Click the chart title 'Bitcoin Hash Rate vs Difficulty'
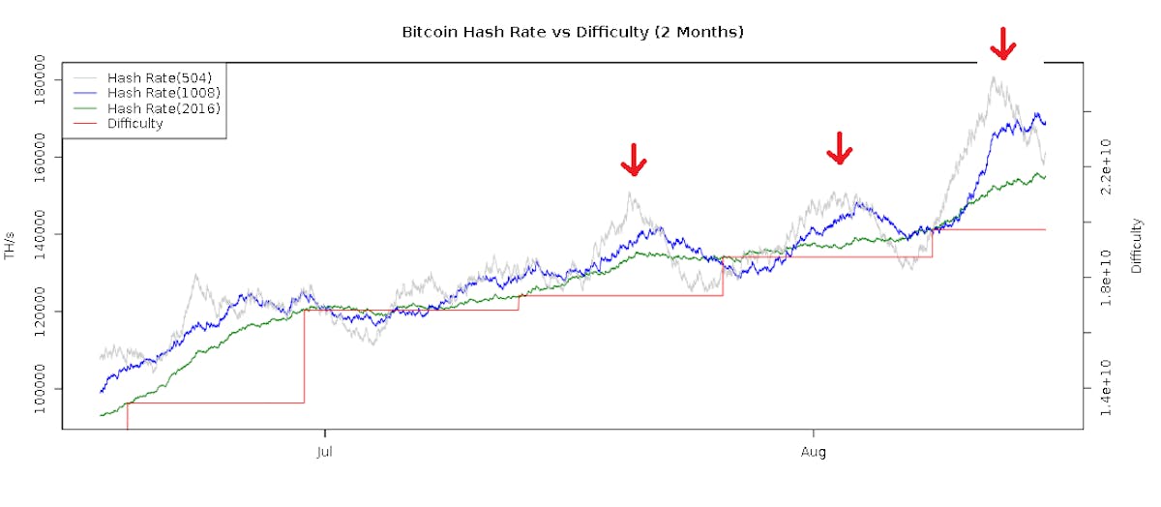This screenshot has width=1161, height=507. pyautogui.click(x=572, y=32)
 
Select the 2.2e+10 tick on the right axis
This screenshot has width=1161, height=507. pyautogui.click(x=1107, y=167)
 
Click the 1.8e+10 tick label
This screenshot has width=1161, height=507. pyautogui.click(x=1107, y=279)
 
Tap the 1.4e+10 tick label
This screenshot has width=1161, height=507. pyautogui.click(x=1107, y=389)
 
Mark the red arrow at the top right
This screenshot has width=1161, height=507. pyautogui.click(x=1003, y=43)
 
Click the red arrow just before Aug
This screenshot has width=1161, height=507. pyautogui.click(x=633, y=160)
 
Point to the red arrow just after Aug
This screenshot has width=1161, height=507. pyautogui.click(x=840, y=148)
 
